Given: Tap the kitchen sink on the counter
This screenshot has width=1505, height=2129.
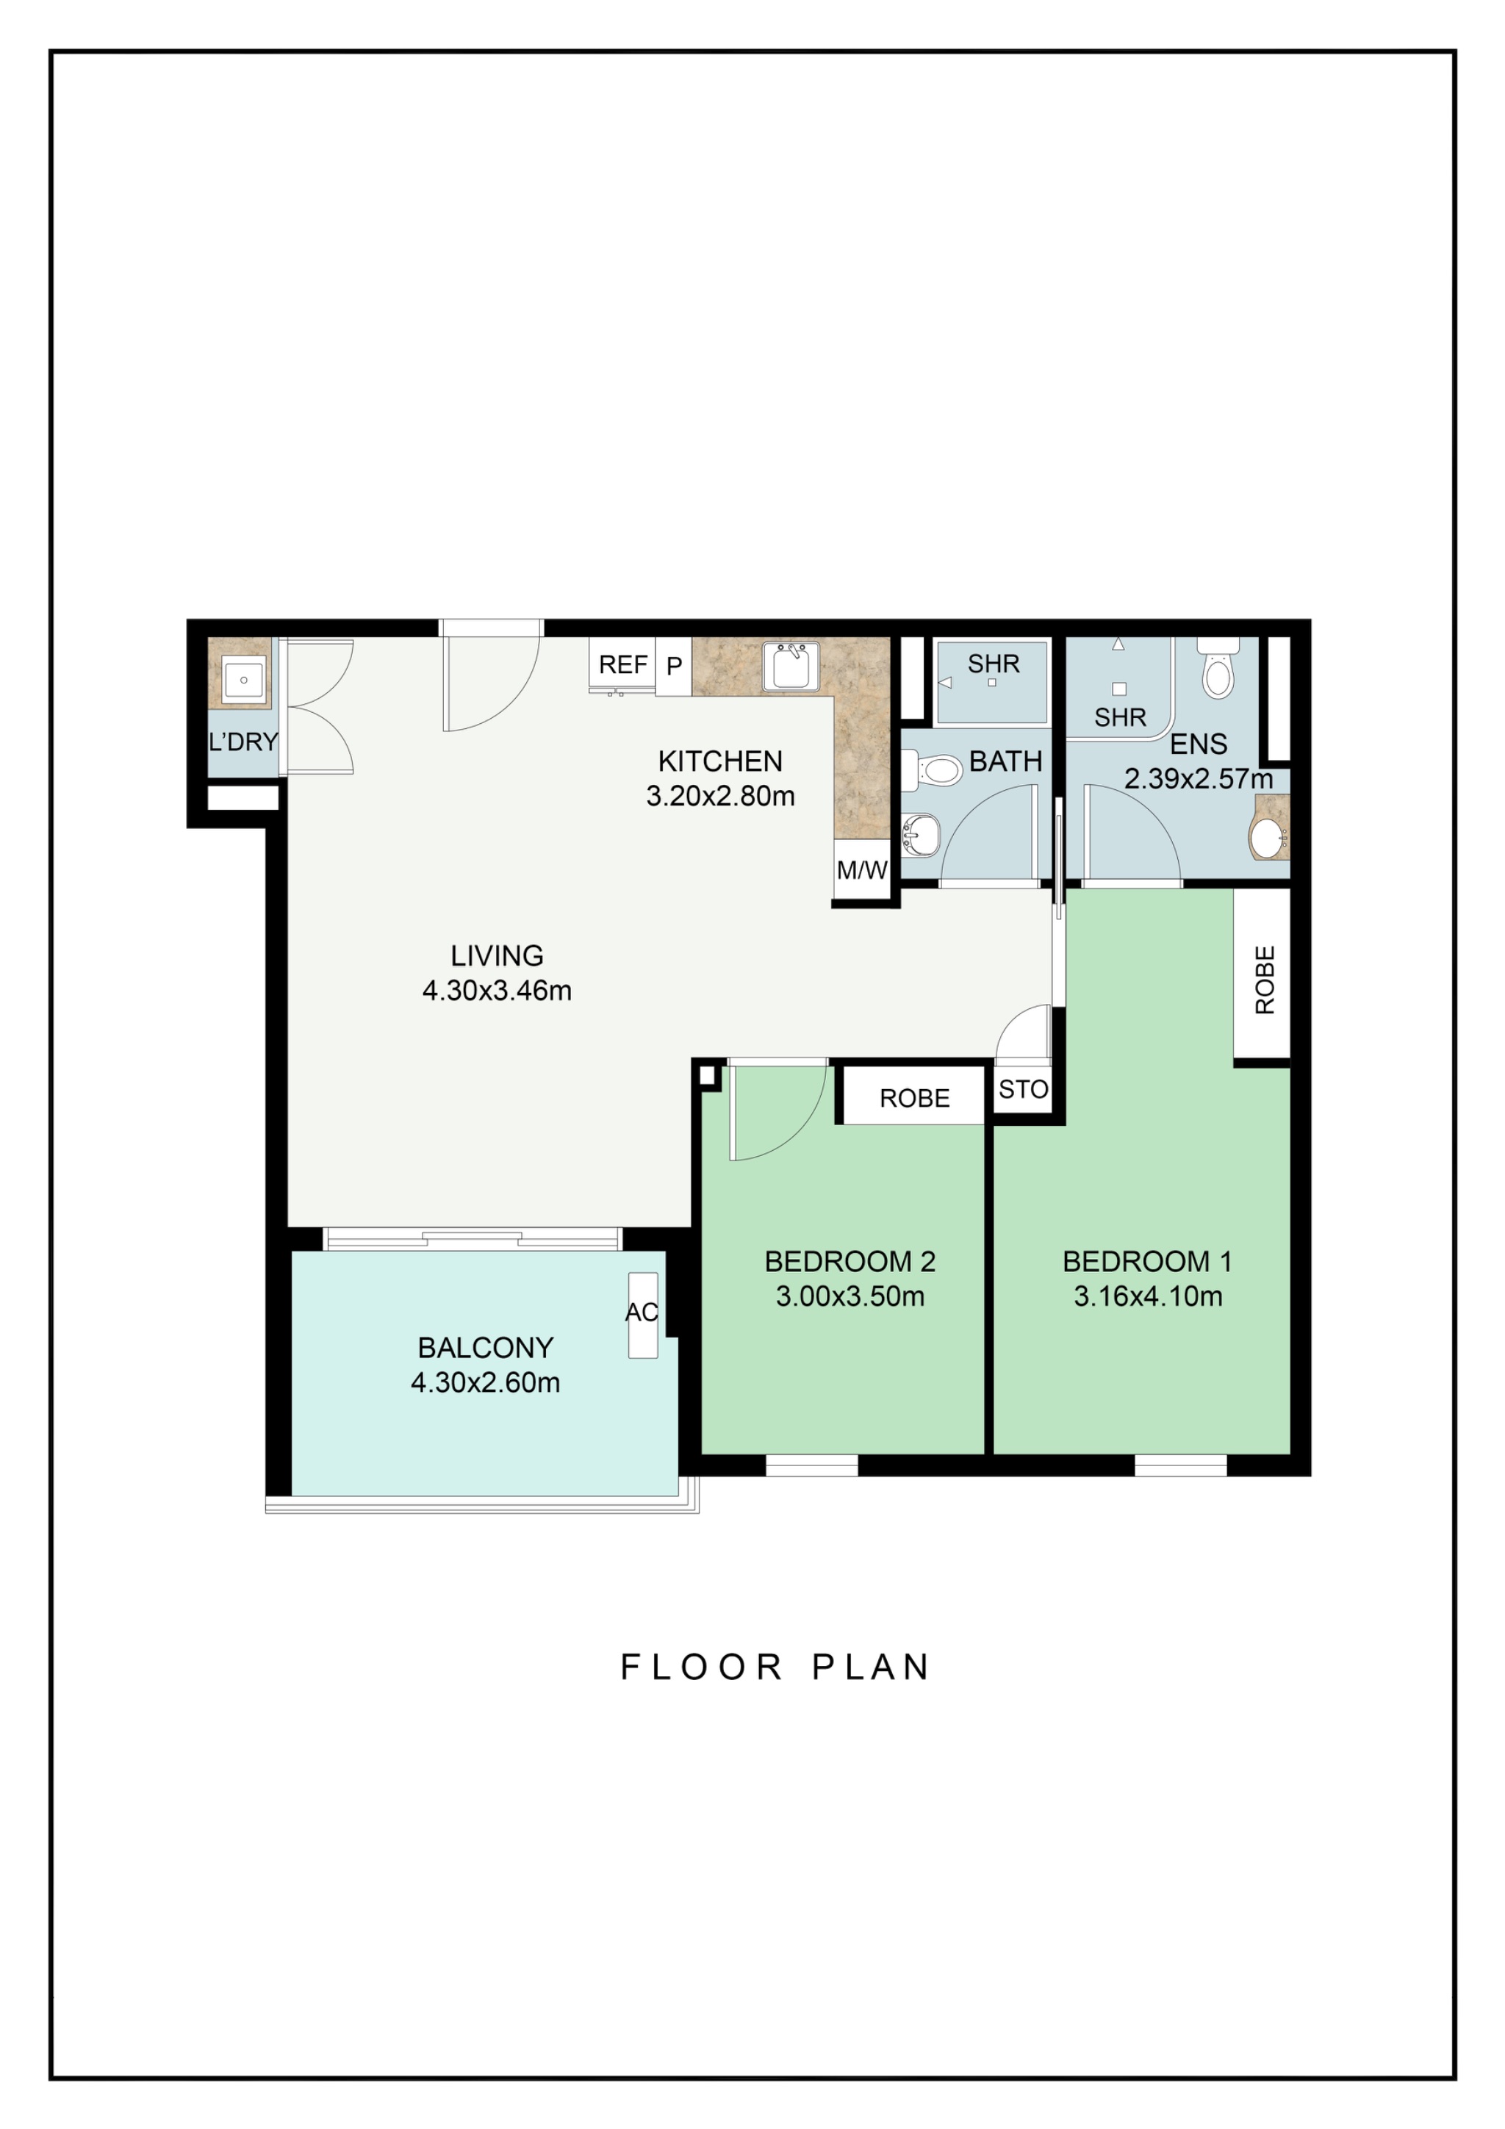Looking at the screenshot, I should coord(790,667).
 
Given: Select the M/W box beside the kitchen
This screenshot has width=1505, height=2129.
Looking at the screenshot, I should coord(861,870).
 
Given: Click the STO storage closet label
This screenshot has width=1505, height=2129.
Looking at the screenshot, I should coord(1023,1090).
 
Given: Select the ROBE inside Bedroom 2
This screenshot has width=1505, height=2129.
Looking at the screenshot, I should coord(914,1099).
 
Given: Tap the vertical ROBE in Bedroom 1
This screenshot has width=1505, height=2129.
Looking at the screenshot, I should coord(1263,980).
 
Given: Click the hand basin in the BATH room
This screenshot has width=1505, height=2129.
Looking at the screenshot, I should coord(920,835).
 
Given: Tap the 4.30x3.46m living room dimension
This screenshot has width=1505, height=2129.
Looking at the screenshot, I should coord(497,991).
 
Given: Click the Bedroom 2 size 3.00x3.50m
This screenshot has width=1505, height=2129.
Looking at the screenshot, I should coord(850,1296).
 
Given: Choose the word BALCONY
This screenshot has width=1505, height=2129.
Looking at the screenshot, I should coord(485,1347).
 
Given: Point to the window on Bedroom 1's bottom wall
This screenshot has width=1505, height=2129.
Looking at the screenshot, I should coord(1180,1465).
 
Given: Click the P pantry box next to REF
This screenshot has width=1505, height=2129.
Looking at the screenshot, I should coord(674,666).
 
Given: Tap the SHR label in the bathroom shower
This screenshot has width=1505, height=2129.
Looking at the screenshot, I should coord(993,664).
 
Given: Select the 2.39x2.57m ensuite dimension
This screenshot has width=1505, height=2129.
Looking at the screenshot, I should coord(1197,779).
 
